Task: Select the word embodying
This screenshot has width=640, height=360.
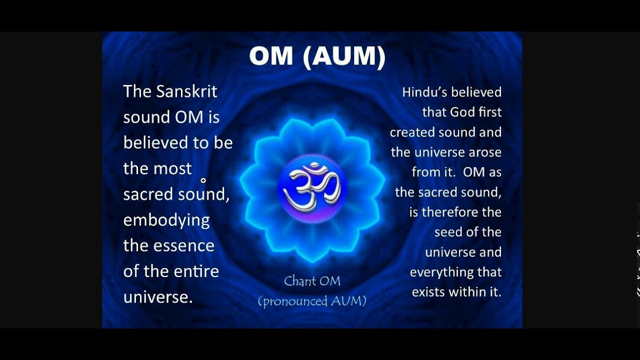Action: click(166, 220)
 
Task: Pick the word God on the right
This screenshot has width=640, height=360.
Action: click(462, 112)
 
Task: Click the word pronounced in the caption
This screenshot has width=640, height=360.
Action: click(294, 301)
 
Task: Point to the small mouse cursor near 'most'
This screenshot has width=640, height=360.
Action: click(203, 180)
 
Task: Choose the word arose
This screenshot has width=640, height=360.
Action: click(484, 152)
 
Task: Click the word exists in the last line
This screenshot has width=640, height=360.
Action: click(427, 292)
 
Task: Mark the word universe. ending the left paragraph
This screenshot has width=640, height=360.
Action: click(158, 297)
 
